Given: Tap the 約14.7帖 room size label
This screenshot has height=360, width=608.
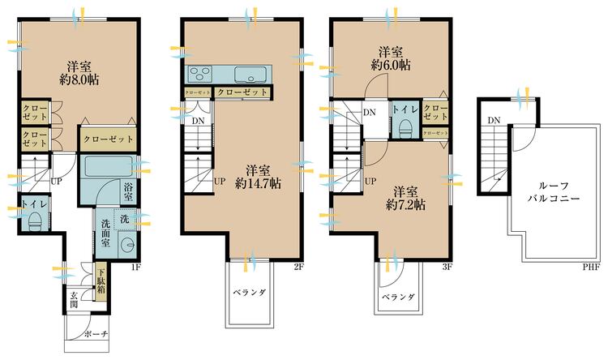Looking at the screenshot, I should [x=259, y=183].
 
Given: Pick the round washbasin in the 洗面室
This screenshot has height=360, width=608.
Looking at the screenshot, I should [x=126, y=246].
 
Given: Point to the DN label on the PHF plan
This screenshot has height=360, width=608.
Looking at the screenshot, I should [x=493, y=122].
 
